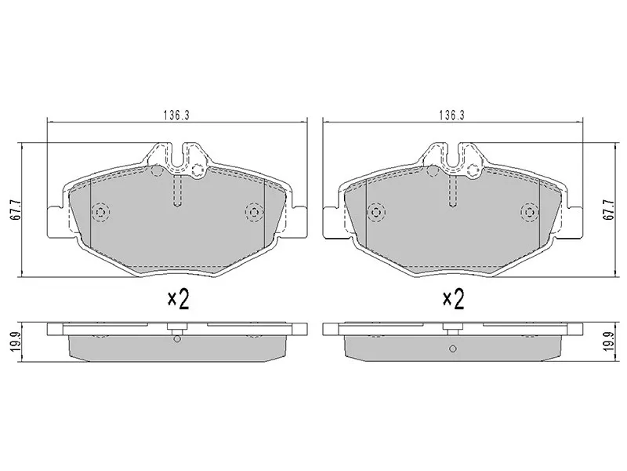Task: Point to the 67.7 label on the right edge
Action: click(x=608, y=209)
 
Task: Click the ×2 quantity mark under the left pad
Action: click(x=179, y=298)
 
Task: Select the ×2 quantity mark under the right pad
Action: click(x=454, y=298)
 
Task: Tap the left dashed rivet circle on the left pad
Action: click(x=101, y=212)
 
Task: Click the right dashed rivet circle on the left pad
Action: click(x=253, y=212)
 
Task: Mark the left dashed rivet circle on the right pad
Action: click(x=376, y=212)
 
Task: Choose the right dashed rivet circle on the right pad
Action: click(x=529, y=212)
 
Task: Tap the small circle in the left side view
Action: click(x=177, y=339)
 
